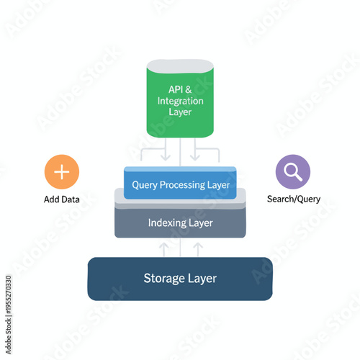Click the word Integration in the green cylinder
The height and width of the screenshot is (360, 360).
(x=180, y=101)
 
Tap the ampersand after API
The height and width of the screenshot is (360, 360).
(x=189, y=89)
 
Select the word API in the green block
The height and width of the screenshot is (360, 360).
(x=176, y=89)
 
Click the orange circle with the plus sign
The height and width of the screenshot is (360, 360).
(x=62, y=171)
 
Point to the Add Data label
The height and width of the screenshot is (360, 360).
(x=62, y=199)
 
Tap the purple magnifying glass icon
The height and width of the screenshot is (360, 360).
(x=293, y=171)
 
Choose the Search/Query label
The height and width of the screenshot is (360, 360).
(x=293, y=199)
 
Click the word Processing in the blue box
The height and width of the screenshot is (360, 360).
(x=186, y=185)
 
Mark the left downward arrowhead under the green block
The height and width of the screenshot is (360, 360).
(x=166, y=158)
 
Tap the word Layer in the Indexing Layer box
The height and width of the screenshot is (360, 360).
(x=201, y=223)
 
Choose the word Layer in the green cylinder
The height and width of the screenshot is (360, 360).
(x=180, y=112)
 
